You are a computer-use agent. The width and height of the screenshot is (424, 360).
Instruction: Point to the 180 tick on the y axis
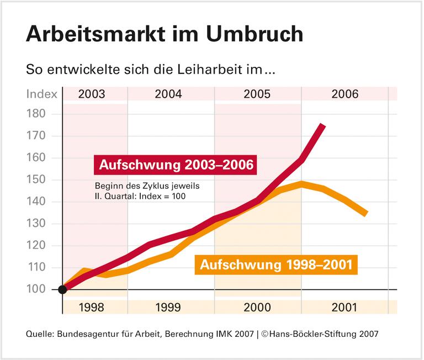point(40,114)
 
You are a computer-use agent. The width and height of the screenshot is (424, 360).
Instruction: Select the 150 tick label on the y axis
point(40,180)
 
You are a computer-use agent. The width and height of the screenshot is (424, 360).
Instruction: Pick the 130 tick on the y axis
point(40,224)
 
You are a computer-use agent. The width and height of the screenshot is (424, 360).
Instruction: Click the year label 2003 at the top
point(92,94)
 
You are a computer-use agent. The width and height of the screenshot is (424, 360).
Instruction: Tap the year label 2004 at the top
point(168,94)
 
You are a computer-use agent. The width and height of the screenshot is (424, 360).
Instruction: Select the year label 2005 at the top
point(257,94)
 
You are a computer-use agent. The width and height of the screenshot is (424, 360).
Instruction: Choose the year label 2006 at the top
point(345,94)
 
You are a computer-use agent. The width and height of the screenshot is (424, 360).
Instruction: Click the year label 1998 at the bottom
point(92,308)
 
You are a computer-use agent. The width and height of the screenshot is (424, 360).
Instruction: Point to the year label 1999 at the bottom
point(168,308)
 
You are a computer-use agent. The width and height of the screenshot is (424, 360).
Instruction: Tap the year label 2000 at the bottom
point(257,308)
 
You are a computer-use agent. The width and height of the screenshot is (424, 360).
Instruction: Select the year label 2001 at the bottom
point(345,308)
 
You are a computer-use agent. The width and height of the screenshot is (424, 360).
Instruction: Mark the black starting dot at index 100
point(62,290)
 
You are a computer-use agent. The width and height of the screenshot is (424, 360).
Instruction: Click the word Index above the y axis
point(42,94)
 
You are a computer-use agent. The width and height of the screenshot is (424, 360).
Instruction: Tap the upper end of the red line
point(322,126)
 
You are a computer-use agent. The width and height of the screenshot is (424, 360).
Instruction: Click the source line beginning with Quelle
point(202,334)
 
